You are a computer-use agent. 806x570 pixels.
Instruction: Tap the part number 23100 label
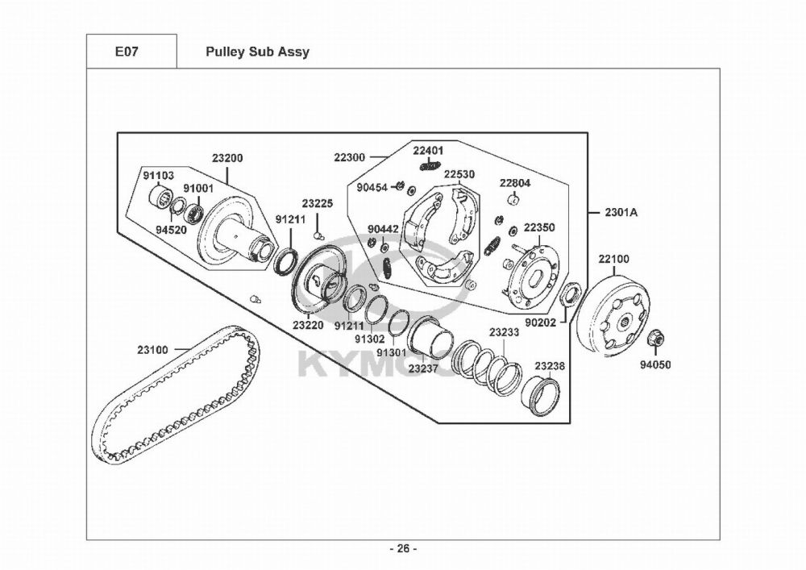pos(153,350)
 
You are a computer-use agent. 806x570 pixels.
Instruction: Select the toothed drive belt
pos(173,403)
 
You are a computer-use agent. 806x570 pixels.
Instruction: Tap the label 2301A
pos(621,213)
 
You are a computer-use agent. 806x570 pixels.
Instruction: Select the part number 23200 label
pos(227,158)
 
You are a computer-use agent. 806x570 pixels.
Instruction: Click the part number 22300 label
pos(350,157)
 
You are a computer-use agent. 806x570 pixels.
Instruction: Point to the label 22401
pos(429,151)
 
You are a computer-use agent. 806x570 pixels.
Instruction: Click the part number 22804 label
pos(515,183)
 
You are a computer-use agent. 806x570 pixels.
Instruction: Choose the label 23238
pos(550,366)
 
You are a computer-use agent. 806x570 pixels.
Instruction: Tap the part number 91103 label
pos(159,175)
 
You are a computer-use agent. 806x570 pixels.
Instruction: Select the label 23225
pos(318,203)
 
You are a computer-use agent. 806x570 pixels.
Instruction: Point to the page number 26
pos(403,549)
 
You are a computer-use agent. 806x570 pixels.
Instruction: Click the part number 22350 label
pos(539,228)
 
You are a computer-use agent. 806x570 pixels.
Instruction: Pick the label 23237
pos(423,368)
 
